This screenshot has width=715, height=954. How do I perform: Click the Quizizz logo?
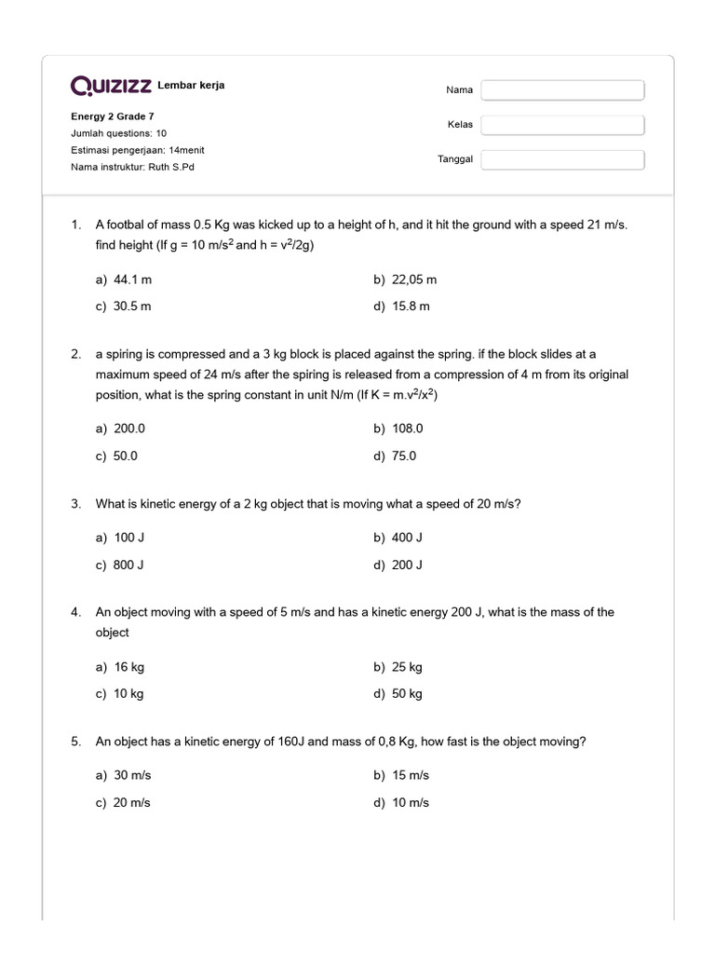pos(112,86)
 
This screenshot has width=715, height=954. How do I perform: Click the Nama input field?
pos(562,90)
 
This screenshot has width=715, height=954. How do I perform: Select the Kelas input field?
pos(562,125)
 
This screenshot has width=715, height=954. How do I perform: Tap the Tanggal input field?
pos(562,159)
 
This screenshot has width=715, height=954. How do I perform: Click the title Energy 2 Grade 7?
pos(113,117)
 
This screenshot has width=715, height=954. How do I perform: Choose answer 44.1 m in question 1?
pos(131,279)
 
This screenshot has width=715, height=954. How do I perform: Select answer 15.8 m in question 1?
pos(411,307)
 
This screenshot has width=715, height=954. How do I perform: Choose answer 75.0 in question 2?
pos(404,457)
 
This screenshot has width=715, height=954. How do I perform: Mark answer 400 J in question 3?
pos(407,538)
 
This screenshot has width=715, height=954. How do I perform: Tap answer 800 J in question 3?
pos(128,565)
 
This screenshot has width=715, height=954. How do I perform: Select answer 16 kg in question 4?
pos(128,667)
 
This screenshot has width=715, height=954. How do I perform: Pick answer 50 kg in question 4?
pos(407,694)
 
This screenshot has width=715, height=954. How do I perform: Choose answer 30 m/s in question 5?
pos(131,775)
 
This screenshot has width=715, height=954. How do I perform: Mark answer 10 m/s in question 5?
pos(411,803)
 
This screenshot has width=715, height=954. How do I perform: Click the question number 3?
pos(75,504)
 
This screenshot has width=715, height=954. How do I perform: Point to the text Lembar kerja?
pos(191,86)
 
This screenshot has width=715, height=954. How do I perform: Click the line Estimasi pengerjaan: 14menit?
pos(138,151)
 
